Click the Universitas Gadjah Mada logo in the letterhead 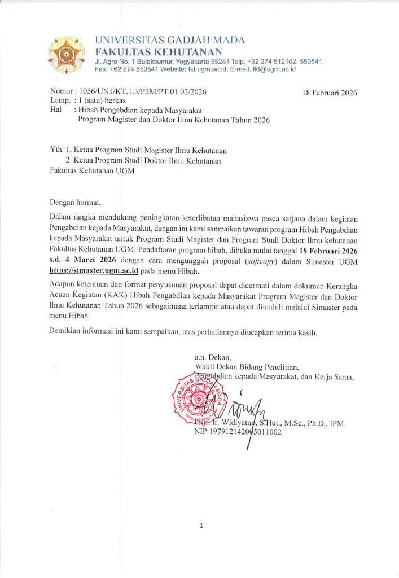68,55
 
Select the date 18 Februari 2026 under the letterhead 330,93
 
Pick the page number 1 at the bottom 200,526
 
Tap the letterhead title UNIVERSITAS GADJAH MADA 170,41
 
